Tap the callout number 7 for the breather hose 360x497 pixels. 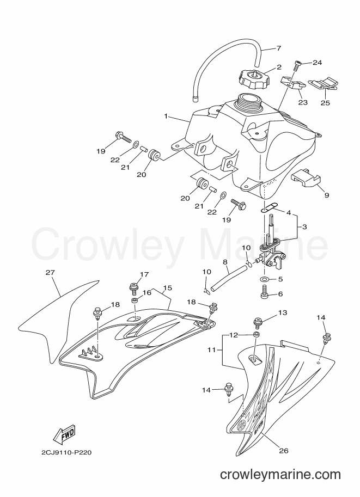[279, 48]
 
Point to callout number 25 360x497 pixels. [326, 102]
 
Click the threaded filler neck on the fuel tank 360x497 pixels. [247, 101]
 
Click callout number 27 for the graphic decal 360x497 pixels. [50, 272]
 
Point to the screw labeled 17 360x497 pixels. [133, 287]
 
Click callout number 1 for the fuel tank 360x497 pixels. [166, 116]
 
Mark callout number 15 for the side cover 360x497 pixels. [167, 288]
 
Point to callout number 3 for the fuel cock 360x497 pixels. [304, 227]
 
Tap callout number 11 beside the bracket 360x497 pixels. [211, 350]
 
